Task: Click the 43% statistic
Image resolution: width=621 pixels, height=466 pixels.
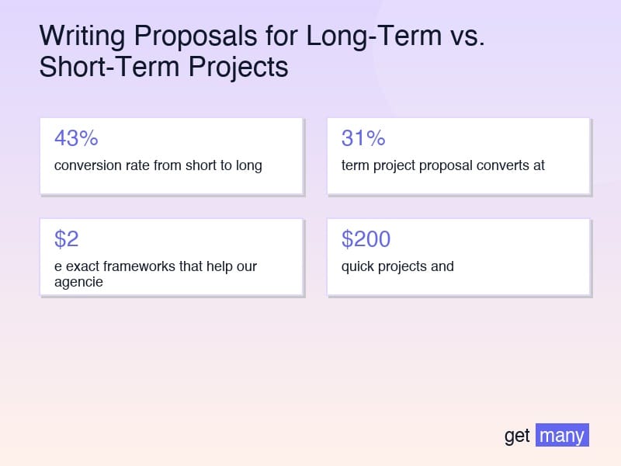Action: click(x=76, y=138)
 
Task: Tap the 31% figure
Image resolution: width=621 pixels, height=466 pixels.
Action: click(x=363, y=138)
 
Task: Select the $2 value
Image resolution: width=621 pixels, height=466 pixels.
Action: click(x=67, y=239)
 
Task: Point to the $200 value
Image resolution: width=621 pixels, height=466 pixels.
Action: click(x=366, y=239)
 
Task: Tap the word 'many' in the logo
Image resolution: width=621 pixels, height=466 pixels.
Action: click(x=562, y=435)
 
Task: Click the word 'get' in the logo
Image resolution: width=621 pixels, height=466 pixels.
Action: click(x=517, y=436)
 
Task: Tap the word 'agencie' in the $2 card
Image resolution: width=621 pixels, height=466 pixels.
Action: click(x=78, y=282)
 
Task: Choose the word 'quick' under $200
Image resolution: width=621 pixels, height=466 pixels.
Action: click(x=357, y=266)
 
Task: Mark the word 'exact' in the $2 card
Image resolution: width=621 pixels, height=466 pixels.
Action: click(x=82, y=266)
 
